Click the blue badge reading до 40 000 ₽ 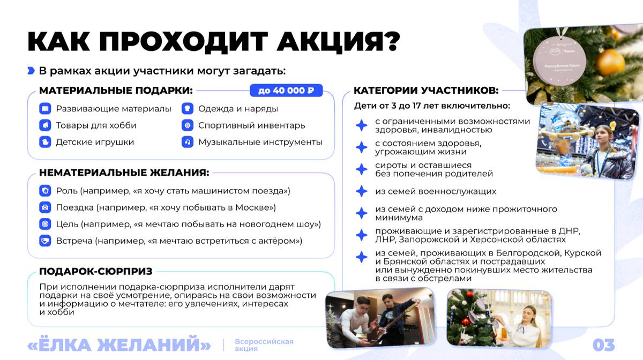(x=286, y=91)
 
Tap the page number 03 (x=603, y=344)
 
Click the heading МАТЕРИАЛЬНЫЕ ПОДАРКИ (x=116, y=91)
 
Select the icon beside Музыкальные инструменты (x=188, y=142)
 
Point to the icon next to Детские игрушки (x=45, y=142)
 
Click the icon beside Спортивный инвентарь (x=188, y=125)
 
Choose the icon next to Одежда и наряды (x=188, y=109)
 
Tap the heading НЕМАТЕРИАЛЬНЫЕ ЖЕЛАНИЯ (x=124, y=172)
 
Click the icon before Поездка (x=45, y=207)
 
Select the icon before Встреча (x=45, y=241)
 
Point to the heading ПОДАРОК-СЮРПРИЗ (x=96, y=271)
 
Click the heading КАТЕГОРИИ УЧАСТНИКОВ (x=426, y=91)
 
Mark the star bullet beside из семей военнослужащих (x=362, y=191)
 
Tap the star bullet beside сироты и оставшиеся (x=362, y=169)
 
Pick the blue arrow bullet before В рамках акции (x=31, y=71)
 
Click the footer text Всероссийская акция (x=264, y=345)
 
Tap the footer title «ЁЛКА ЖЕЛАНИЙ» (x=119, y=344)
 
